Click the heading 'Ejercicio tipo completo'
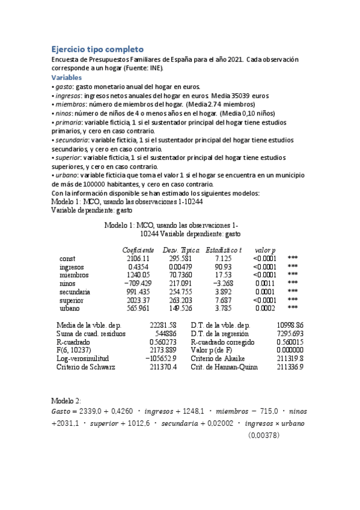97,49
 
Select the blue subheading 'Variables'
67,78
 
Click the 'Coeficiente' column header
138,250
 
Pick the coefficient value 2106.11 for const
142,258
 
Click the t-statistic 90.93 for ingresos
231,266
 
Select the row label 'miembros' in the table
74,275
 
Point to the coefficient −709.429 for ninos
139,283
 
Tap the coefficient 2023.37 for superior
142,300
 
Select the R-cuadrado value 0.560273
163,342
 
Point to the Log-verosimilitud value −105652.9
160,358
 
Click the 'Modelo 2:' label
66,401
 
